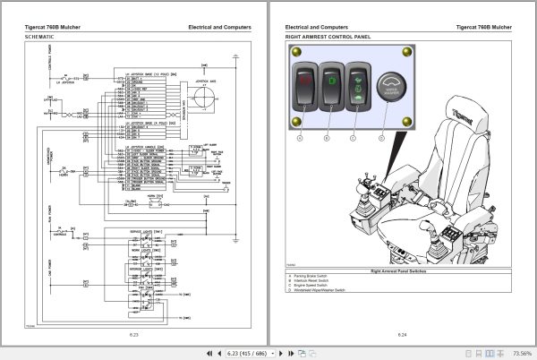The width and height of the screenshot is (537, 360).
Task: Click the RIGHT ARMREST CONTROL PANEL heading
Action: pyautogui.click(x=326, y=37)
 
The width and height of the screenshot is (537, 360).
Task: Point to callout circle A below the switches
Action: pyautogui.click(x=301, y=139)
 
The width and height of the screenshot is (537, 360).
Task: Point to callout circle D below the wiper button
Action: pyautogui.click(x=381, y=139)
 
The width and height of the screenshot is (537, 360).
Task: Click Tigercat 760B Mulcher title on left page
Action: pyautogui.click(x=55, y=28)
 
